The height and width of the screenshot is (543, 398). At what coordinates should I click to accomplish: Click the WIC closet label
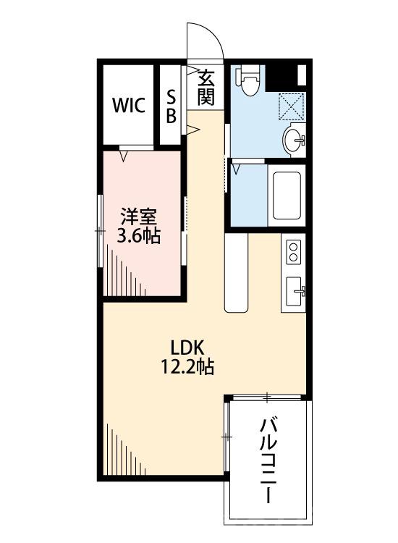point(128,105)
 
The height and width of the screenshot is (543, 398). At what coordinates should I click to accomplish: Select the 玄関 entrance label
point(207,88)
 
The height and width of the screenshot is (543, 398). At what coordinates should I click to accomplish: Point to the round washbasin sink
point(295,139)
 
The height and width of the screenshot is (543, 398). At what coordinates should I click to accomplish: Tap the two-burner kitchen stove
point(293,252)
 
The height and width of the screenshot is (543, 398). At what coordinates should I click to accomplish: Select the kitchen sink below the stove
point(294,292)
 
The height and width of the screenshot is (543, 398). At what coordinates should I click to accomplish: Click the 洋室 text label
point(140,216)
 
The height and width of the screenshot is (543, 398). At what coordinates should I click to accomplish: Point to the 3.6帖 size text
point(140,235)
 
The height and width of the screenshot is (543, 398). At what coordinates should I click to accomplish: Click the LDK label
point(186,346)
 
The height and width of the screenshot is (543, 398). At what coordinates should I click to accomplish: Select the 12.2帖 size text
point(186,366)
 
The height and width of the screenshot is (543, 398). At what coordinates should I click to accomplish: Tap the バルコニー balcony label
point(268,459)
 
